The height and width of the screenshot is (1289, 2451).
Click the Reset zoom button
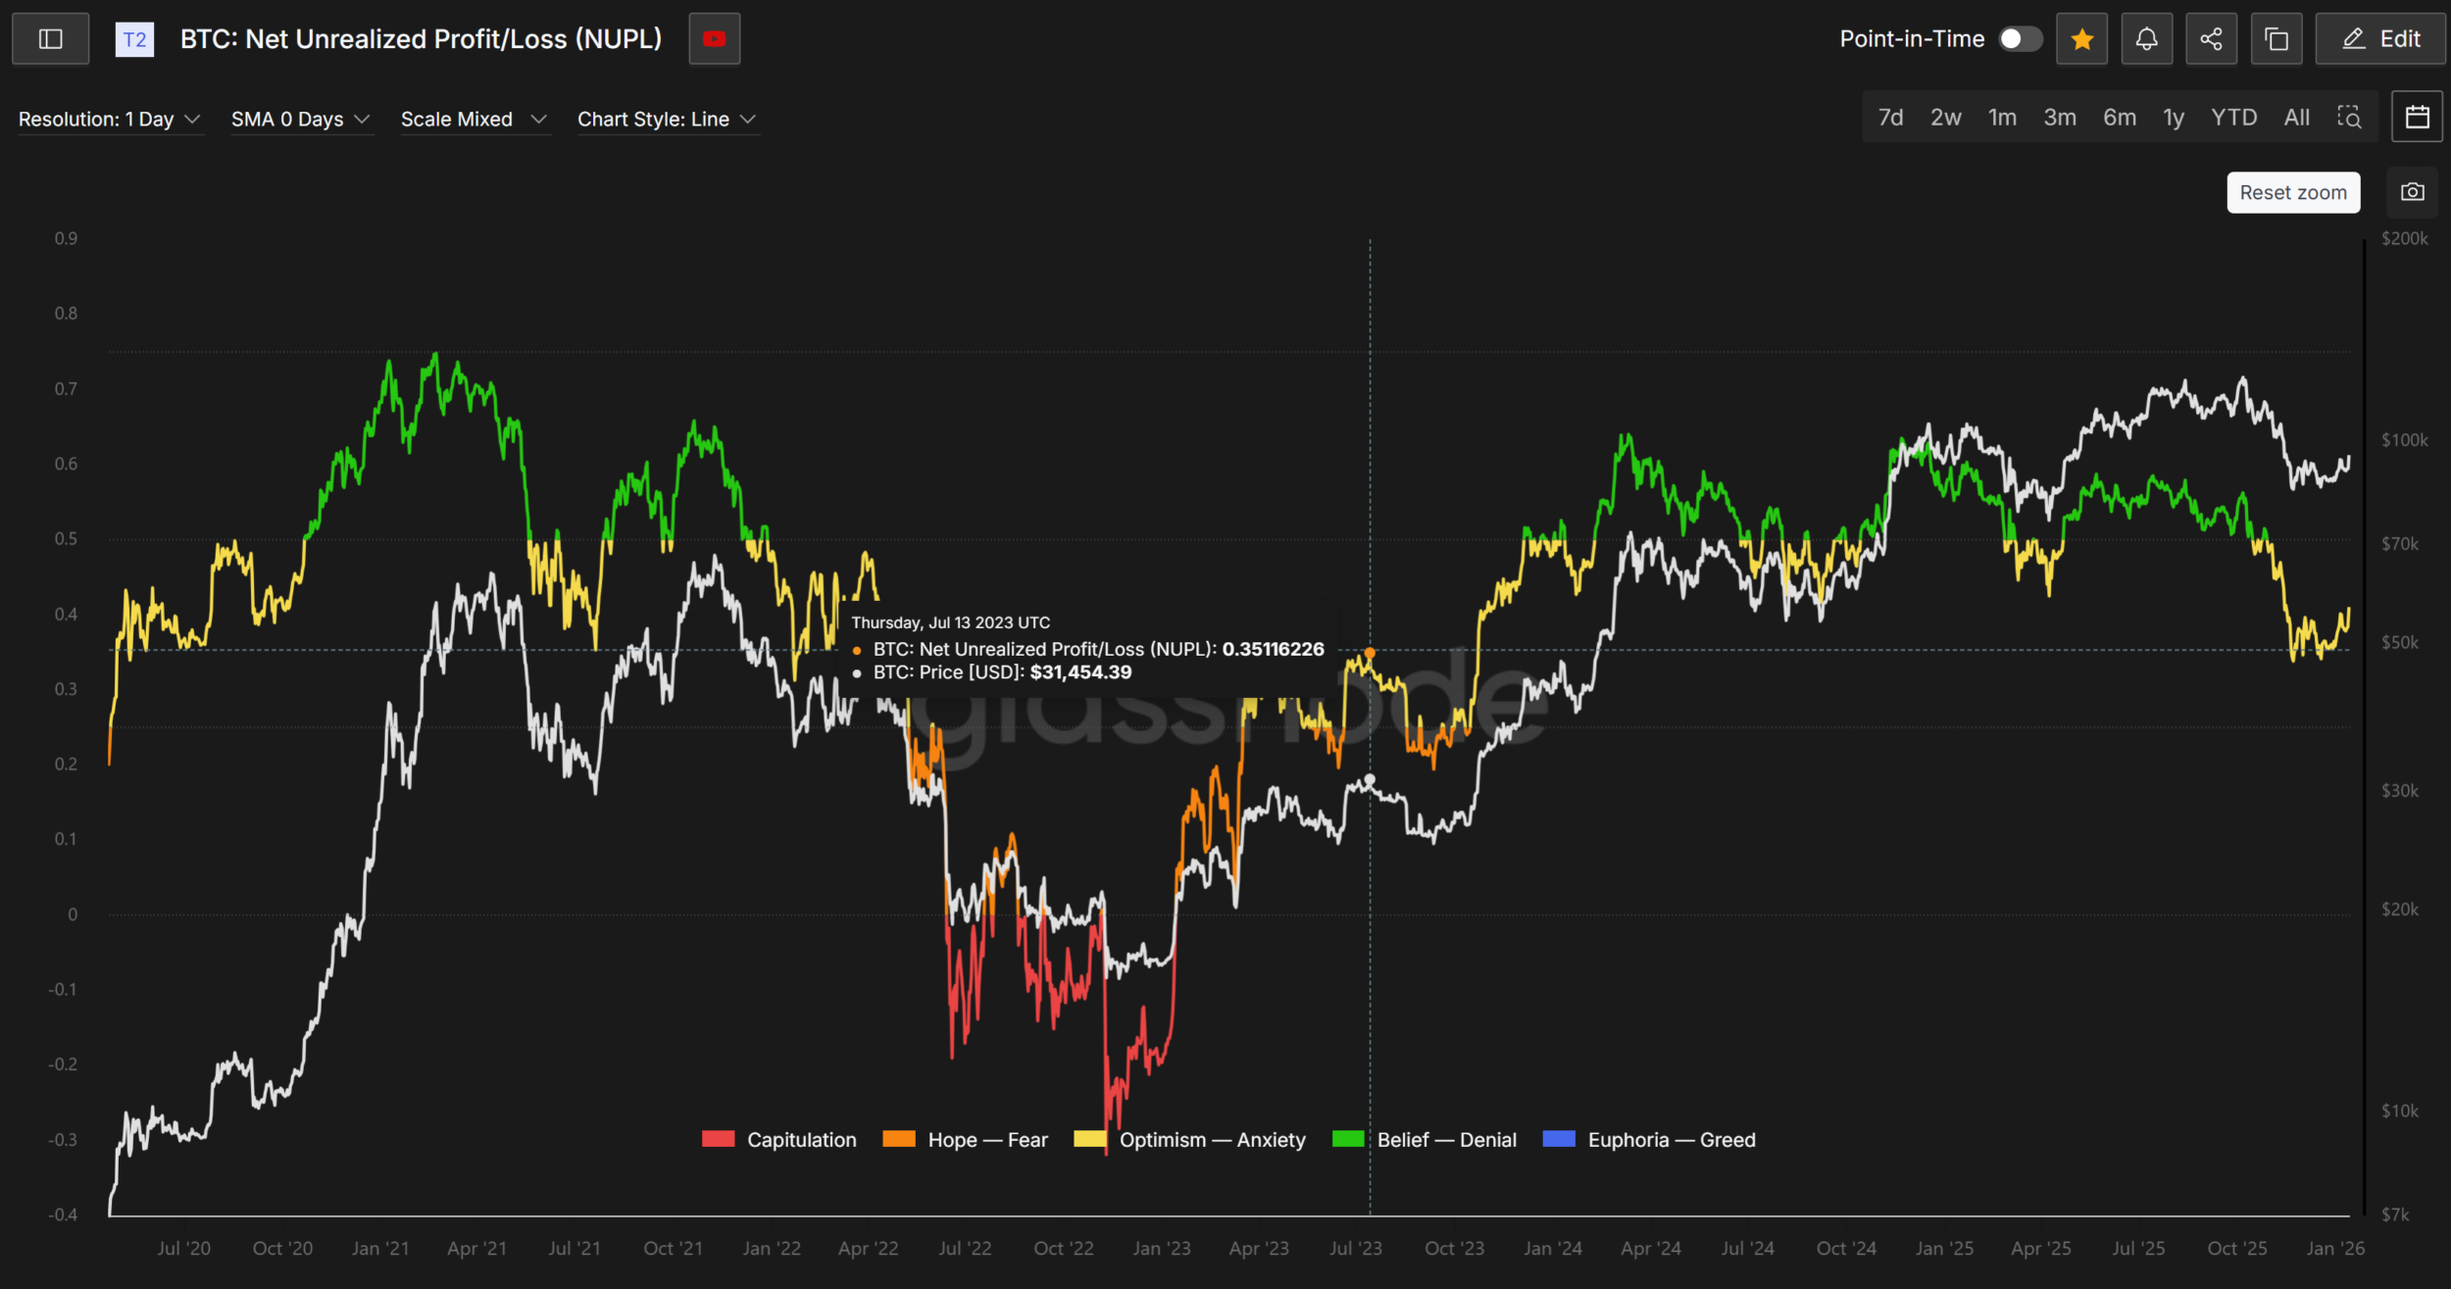(2292, 193)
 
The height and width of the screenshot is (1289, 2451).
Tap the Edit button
(2379, 39)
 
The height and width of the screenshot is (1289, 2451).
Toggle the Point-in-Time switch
(2020, 39)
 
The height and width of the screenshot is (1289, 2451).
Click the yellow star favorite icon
(2081, 39)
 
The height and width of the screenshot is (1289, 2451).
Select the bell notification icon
(2146, 39)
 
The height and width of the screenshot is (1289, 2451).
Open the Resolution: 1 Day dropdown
(109, 120)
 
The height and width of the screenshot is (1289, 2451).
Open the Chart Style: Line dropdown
(667, 120)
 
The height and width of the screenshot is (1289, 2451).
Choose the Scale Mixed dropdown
(473, 120)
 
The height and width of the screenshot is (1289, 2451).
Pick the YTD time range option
(2233, 118)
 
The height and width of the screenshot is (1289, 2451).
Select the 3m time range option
(2059, 118)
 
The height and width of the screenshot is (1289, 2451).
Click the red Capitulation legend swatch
(718, 1139)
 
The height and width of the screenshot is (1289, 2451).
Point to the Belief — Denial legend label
(1446, 1140)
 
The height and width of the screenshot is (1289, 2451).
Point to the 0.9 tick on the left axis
(66, 238)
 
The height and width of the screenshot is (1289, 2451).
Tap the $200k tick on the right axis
(2404, 238)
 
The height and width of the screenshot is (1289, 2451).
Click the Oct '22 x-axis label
(1063, 1249)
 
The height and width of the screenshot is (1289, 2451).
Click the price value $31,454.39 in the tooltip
(1080, 672)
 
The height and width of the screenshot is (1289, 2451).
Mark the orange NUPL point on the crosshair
(1370, 653)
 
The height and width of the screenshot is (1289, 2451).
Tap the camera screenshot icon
(2412, 192)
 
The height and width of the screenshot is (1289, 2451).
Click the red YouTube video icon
(714, 39)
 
